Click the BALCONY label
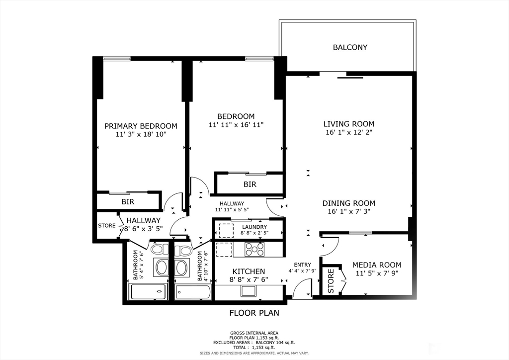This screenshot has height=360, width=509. pyautogui.click(x=350, y=47)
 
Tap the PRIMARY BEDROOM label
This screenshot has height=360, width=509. pyautogui.click(x=141, y=126)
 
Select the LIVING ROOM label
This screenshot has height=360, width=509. pyautogui.click(x=348, y=124)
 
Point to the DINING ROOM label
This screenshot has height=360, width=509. pyautogui.click(x=348, y=203)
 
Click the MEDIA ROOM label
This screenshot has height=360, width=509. pyautogui.click(x=377, y=265)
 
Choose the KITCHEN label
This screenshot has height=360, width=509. pyautogui.click(x=249, y=271)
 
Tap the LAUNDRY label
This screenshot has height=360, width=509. pyautogui.click(x=254, y=227)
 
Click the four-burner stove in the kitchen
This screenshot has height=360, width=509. pyautogui.click(x=254, y=249)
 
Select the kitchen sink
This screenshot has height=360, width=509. pyautogui.click(x=249, y=291)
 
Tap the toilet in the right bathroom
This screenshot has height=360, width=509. pyautogui.click(x=183, y=250)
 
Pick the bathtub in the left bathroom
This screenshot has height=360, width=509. pyautogui.click(x=149, y=292)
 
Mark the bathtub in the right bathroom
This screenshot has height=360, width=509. pyautogui.click(x=193, y=293)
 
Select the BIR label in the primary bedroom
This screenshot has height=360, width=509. pyautogui.click(x=128, y=202)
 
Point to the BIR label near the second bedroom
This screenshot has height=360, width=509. pyautogui.click(x=250, y=184)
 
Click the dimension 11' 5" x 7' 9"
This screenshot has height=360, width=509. pyautogui.click(x=377, y=273)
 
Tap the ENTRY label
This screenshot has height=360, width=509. pyautogui.click(x=303, y=265)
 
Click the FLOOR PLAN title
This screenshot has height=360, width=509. pyautogui.click(x=254, y=313)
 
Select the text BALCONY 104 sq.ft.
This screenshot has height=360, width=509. pyautogui.click(x=275, y=343)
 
